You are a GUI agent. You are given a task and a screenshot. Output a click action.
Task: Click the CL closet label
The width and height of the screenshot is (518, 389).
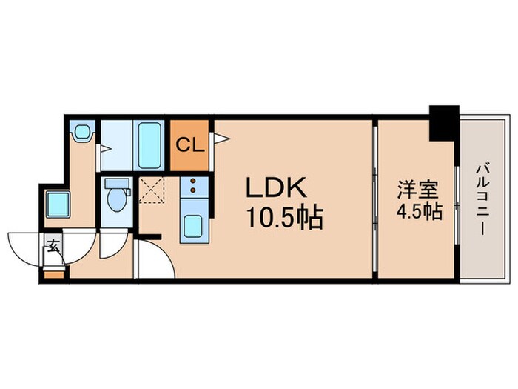coord(191,144)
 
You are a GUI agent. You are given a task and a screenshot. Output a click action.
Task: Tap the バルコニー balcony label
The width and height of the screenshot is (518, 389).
coord(480,200)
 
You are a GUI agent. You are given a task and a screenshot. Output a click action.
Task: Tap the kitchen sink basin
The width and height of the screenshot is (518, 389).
coord(193,225)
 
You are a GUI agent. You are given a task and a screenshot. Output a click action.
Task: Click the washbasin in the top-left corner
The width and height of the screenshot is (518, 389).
coord(82,133)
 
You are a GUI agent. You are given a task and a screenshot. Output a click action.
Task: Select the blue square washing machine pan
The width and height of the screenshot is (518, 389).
coord(57,202)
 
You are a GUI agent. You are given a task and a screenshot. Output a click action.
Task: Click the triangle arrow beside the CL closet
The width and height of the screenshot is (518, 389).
coord(221,137)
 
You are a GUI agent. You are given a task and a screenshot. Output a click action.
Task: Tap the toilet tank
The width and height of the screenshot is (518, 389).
coord(116,183)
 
